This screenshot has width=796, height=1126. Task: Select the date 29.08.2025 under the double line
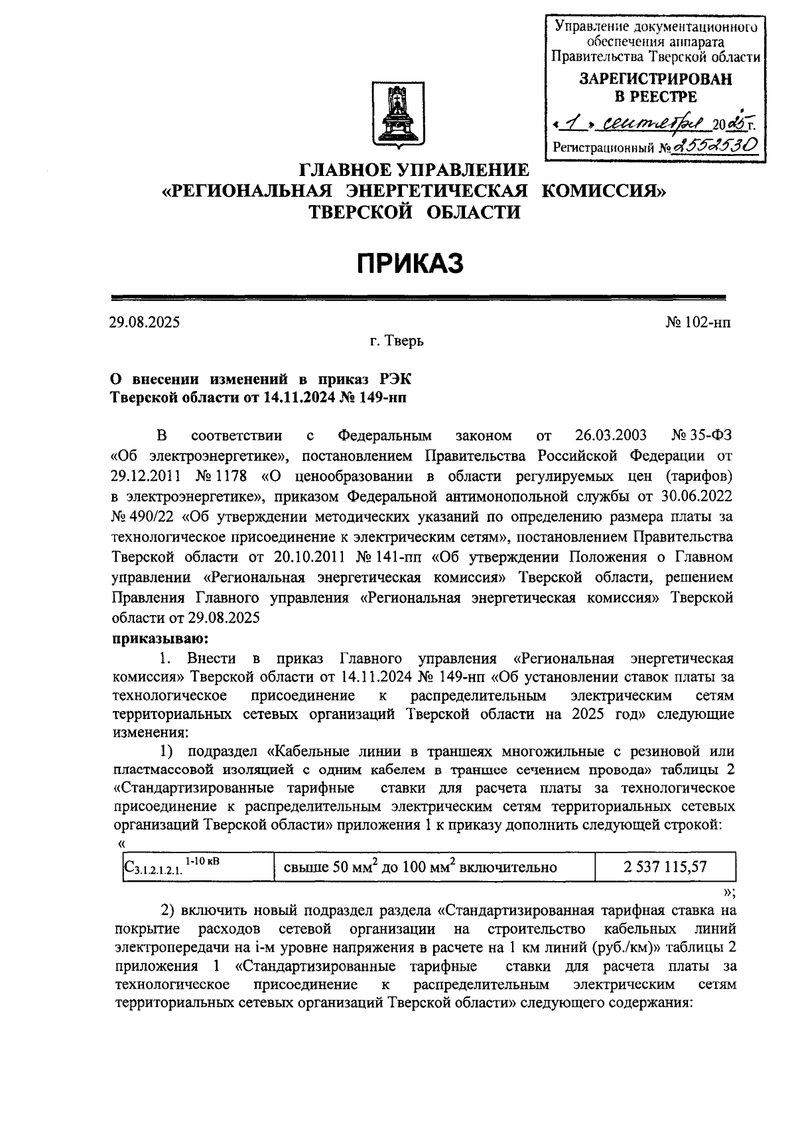pos(145,323)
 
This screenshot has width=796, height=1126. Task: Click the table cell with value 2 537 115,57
pos(665,867)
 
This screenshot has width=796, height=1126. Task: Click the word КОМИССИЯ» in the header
pos(604,191)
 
